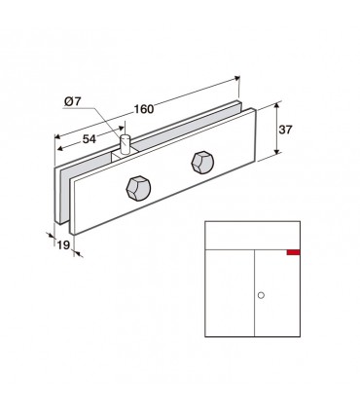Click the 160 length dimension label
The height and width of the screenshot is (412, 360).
144,109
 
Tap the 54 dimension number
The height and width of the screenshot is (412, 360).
90,139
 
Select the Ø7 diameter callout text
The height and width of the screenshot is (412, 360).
72,101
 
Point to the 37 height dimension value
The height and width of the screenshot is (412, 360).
285,130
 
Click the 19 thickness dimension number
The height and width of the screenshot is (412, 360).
63,245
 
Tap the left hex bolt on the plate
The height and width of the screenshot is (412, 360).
138,189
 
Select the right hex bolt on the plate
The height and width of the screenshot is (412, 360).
202,163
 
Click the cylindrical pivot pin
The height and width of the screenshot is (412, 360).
125,144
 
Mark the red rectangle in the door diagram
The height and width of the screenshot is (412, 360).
293,252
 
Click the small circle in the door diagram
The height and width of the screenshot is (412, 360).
261,295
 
